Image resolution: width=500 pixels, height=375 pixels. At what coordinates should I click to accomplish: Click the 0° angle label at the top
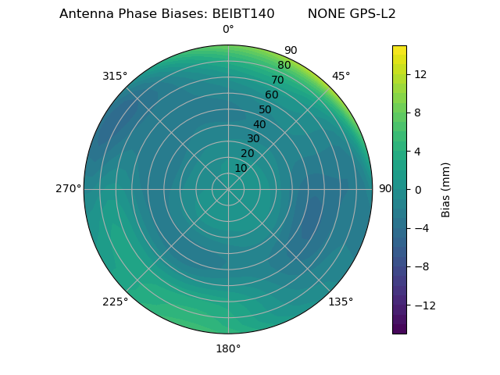[228, 30]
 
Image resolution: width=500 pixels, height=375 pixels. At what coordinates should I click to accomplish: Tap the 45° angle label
[341, 76]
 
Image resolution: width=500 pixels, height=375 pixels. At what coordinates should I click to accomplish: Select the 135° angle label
[341, 302]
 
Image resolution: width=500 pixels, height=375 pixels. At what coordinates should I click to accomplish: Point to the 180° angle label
[228, 348]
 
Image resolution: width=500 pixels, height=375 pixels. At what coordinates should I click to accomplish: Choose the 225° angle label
[115, 302]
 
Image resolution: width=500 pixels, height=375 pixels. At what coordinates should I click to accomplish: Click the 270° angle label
[68, 188]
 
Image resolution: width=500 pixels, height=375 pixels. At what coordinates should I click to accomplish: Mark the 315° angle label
[115, 76]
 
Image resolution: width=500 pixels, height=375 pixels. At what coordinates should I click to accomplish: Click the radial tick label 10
[241, 168]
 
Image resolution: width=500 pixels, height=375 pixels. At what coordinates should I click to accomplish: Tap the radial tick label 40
[259, 125]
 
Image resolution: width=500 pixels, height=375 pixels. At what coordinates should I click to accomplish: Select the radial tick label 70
[277, 80]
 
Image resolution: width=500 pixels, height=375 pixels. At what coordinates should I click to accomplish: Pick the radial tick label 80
[284, 66]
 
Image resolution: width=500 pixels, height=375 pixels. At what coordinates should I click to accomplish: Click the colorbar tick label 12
[420, 74]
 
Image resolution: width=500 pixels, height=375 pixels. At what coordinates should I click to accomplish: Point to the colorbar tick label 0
[417, 189]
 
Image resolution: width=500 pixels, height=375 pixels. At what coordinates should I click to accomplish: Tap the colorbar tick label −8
[422, 266]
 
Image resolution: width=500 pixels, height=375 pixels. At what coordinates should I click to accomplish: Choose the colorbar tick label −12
[424, 305]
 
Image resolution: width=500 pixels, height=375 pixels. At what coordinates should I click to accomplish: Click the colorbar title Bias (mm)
[446, 189]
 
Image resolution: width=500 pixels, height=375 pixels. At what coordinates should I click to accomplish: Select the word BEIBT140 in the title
[243, 14]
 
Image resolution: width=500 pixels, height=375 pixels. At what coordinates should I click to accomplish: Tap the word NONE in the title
[323, 14]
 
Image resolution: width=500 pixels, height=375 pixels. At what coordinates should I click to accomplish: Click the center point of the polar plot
[228, 189]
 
